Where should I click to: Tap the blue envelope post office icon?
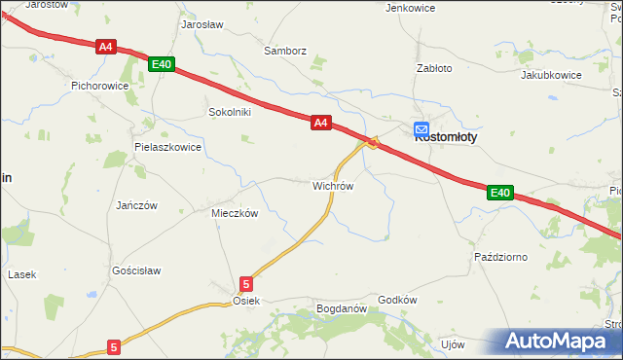click(x=421, y=128)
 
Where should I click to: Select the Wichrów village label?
click(x=332, y=185)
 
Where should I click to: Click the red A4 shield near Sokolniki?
click(x=322, y=123)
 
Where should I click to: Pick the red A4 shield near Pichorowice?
click(x=106, y=46)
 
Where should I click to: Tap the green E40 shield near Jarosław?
click(x=162, y=64)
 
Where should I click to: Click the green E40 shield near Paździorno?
click(x=499, y=193)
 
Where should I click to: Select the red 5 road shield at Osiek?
click(x=246, y=284)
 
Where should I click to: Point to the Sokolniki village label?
click(x=230, y=112)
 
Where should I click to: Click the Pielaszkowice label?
click(x=167, y=148)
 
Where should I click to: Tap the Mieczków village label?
click(x=235, y=213)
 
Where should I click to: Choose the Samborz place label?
click(x=285, y=51)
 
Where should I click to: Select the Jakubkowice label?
click(x=551, y=75)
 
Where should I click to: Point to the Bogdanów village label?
click(x=341, y=309)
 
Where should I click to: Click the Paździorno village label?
click(x=500, y=257)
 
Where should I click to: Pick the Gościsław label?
click(x=136, y=270)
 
